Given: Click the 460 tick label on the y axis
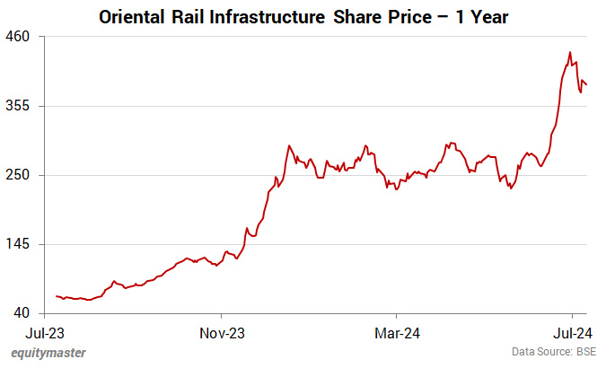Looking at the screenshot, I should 19,37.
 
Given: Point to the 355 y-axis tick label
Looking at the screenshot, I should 19,106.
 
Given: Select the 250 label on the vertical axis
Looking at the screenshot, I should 19,175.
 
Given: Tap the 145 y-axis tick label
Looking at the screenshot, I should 19,244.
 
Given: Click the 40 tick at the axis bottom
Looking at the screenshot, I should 22,313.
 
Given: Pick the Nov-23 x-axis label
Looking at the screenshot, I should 222,331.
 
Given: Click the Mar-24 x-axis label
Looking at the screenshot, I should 398,331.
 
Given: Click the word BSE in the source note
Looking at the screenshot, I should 585,353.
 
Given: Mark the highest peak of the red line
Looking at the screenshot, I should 570,52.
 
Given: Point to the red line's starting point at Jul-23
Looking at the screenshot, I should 57,296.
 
